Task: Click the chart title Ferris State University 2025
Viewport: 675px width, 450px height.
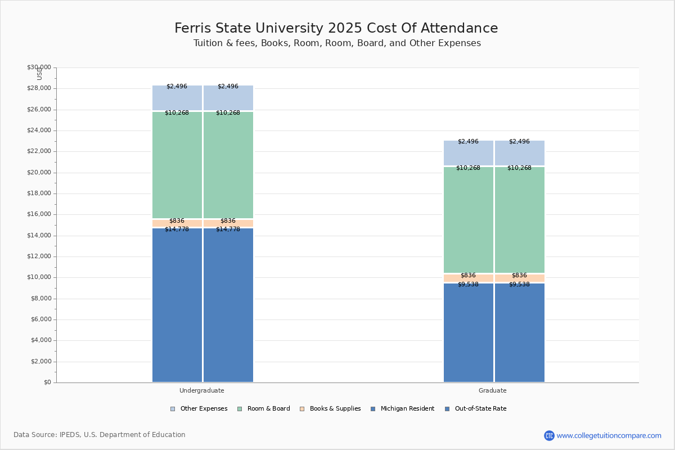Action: click(336, 28)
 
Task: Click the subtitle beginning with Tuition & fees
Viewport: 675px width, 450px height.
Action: click(337, 43)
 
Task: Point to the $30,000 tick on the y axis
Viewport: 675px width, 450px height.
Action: click(39, 67)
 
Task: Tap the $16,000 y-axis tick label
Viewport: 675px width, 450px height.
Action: click(39, 214)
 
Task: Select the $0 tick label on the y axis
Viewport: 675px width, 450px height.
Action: click(47, 382)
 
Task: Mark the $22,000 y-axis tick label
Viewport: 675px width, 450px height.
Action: click(39, 151)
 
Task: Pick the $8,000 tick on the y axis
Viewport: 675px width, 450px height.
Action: click(40, 299)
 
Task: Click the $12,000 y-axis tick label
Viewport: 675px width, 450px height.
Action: click(39, 256)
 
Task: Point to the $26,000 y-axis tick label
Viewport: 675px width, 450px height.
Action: click(39, 110)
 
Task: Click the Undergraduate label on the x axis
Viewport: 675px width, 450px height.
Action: click(202, 390)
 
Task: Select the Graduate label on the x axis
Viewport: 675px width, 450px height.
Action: click(493, 390)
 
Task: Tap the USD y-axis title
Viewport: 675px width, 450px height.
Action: click(39, 74)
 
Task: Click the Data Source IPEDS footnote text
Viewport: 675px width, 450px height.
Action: click(100, 435)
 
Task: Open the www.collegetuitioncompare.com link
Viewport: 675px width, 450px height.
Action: click(609, 435)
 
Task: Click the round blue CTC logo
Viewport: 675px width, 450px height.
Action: click(549, 435)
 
